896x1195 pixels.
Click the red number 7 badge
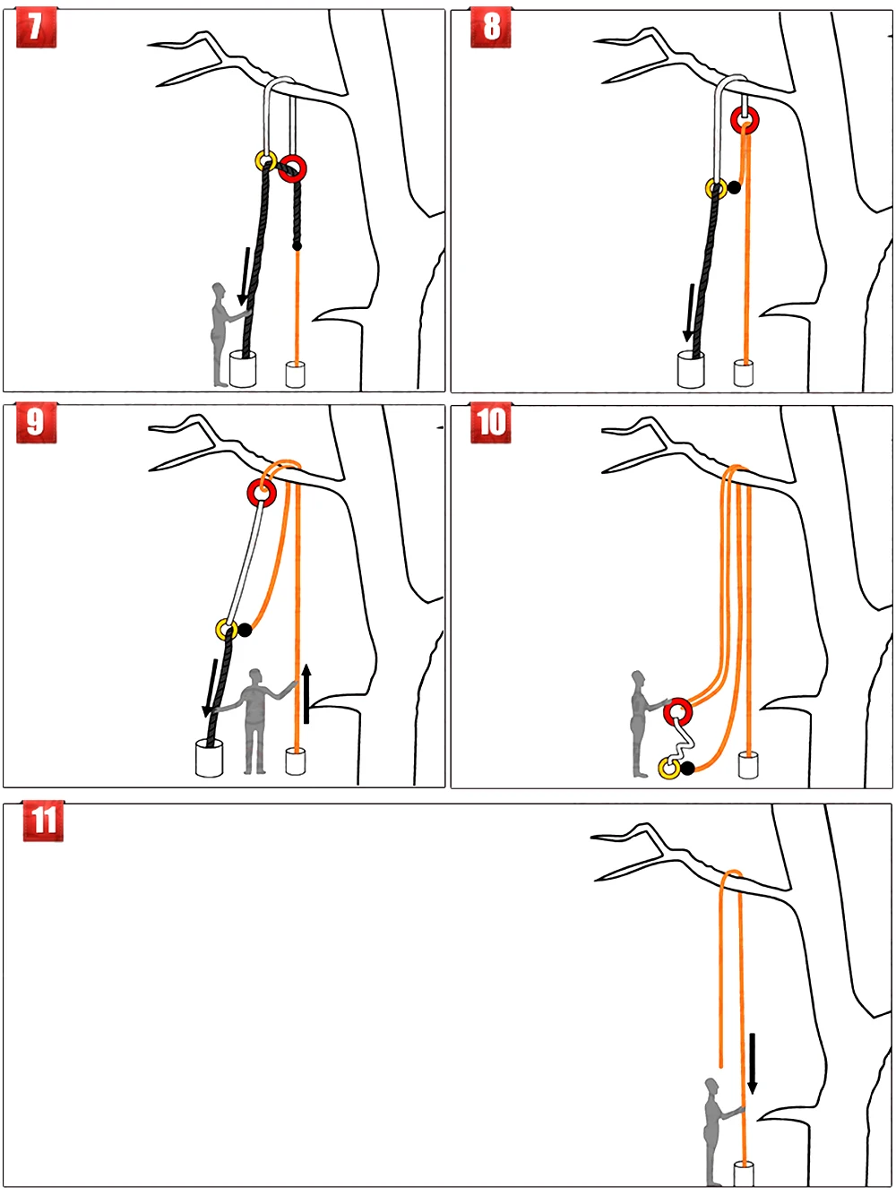pos(36,27)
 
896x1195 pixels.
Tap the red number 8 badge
pos(491,27)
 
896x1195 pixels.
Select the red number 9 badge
pos(36,422)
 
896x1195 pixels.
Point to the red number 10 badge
pos(491,422)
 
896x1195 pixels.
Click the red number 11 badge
pos(44,821)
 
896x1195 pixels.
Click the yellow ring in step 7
pos(265,161)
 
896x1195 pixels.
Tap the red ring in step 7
pos(292,168)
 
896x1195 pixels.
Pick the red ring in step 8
pos(745,119)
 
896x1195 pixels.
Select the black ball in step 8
pos(734,187)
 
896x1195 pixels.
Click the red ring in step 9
pos(262,492)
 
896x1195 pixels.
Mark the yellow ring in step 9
pos(226,629)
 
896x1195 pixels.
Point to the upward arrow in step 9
pos(306,693)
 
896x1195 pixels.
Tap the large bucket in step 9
pos(209,758)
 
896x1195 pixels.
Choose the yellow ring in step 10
pos(668,768)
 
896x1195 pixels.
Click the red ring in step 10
pos(678,712)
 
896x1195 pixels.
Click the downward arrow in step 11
pos(753,1062)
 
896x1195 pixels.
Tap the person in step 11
pos(713,1131)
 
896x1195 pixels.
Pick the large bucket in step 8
pos(691,369)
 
